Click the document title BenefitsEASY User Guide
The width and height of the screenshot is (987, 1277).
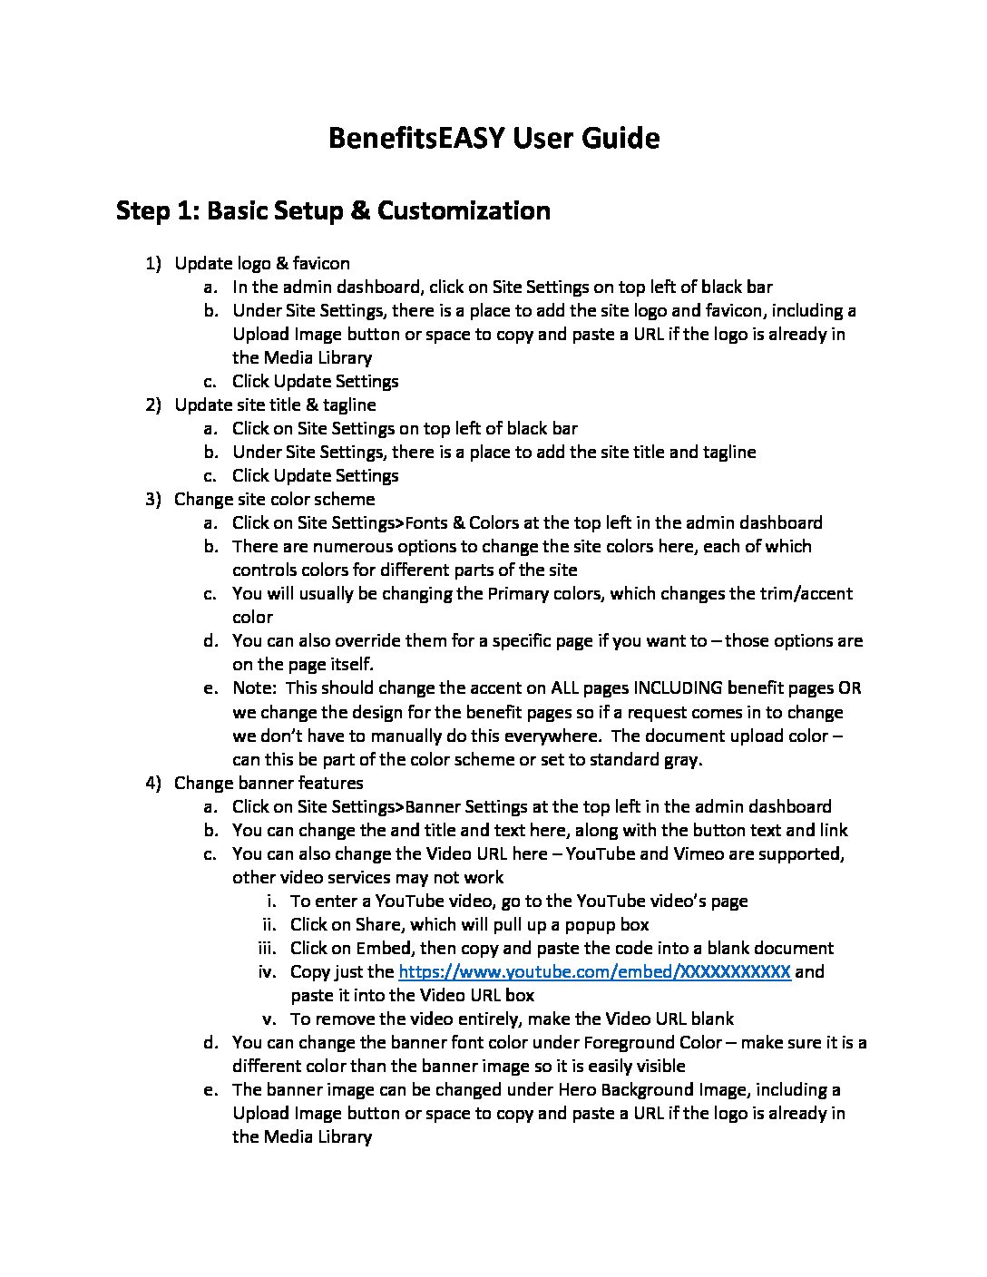[x=493, y=138]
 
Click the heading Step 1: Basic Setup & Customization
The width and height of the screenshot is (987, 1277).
[x=333, y=210]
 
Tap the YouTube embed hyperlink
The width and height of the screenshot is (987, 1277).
[x=595, y=971]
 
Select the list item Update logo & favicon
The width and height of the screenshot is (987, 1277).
[x=261, y=263]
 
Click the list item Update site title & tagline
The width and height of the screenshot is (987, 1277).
[x=275, y=405]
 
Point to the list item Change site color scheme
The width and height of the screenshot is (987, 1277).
[x=274, y=499]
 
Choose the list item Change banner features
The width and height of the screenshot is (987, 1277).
[x=269, y=783]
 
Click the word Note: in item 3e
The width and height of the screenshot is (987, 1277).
[x=254, y=688]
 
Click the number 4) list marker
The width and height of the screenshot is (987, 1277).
[x=153, y=783]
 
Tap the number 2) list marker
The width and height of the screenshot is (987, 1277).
[x=153, y=405]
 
